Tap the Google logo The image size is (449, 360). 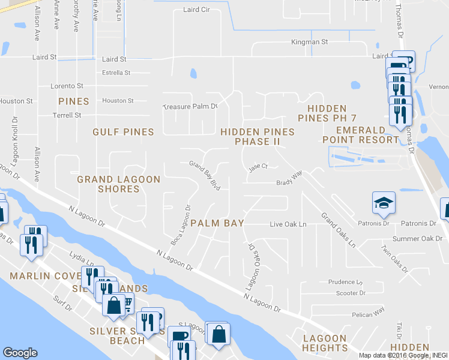pos(20,353)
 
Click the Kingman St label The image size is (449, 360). pos(309,43)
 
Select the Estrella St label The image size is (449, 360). pos(116,73)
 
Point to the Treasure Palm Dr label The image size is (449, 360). pos(190,107)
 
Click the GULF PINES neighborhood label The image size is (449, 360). pos(123,131)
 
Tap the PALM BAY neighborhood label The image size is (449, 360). pos(217,223)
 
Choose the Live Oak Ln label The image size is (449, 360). pos(288,224)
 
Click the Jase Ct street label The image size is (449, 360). pos(258,167)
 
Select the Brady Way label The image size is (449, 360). pos(289,179)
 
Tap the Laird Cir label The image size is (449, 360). pos(196,10)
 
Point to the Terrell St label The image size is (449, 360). pos(67,115)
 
